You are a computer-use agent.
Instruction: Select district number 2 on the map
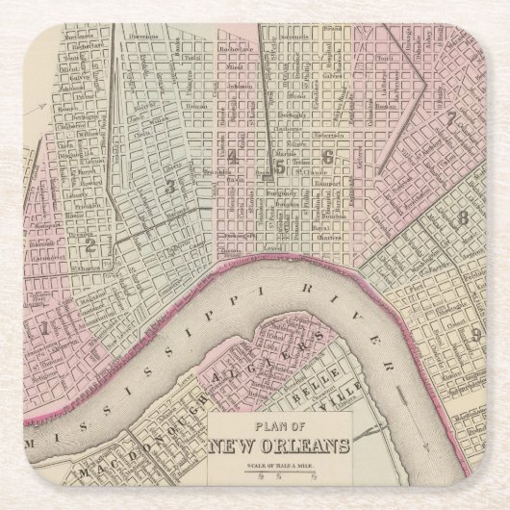coord(89,217)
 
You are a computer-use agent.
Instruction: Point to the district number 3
coord(169,187)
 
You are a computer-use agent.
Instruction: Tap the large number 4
coord(232,157)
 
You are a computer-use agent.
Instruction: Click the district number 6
coord(327,157)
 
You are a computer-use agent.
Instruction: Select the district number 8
coord(463,218)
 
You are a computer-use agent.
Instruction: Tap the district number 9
coord(474,334)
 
